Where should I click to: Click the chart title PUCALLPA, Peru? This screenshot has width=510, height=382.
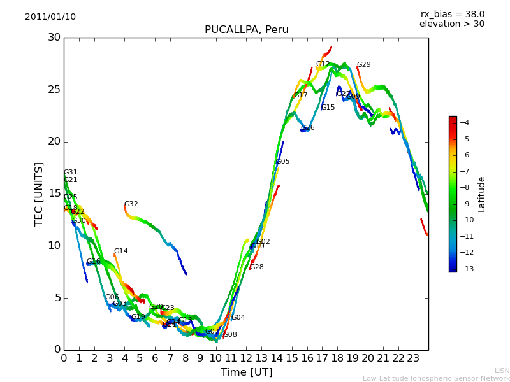tap(246, 30)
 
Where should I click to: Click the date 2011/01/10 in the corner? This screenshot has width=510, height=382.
tap(50, 17)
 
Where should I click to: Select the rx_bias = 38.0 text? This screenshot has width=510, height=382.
tap(452, 15)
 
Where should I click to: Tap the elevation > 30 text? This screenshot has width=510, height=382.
tap(451, 24)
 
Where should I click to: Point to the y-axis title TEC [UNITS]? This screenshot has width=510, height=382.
tap(40, 194)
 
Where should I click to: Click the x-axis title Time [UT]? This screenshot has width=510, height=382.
tap(246, 372)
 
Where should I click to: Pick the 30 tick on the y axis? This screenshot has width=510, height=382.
tap(54, 38)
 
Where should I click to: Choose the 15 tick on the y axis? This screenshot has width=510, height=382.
tap(54, 194)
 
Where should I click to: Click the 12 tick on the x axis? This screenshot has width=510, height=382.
tap(246, 358)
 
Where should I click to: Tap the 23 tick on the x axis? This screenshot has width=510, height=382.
tap(413, 358)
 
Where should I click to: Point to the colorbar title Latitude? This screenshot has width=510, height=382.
tap(482, 194)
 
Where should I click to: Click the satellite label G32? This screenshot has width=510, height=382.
tap(131, 204)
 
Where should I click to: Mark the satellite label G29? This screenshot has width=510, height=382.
tap(363, 65)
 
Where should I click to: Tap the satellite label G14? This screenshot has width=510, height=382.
tap(120, 251)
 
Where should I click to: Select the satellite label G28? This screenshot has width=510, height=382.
tap(256, 267)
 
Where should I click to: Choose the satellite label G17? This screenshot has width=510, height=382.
tap(300, 95)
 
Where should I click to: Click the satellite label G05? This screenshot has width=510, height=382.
tap(282, 162)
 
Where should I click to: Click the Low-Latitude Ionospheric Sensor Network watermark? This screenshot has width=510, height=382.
tap(436, 378)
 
